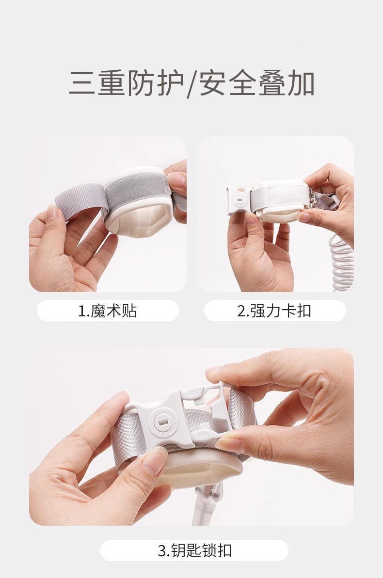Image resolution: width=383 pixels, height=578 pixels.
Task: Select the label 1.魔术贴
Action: click(108, 311)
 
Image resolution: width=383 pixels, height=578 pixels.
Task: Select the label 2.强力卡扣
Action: click(274, 311)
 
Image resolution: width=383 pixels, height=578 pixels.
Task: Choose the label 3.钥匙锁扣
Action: click(194, 550)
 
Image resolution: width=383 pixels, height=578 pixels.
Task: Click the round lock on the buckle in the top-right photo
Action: click(239, 199)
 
